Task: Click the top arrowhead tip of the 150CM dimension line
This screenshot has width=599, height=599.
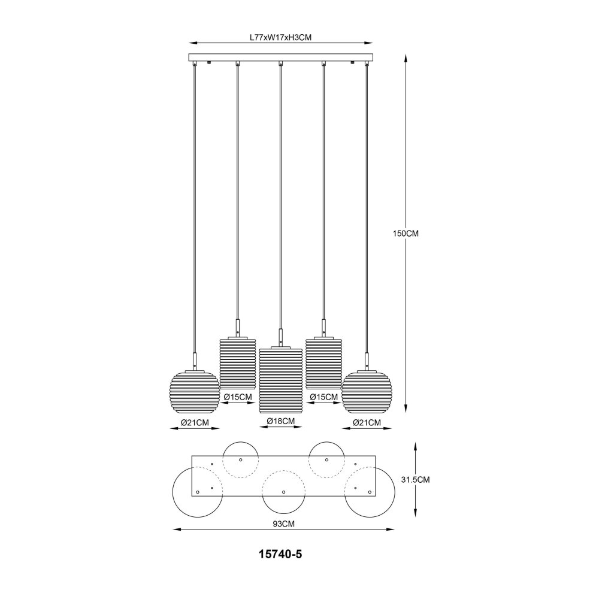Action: click(x=406, y=54)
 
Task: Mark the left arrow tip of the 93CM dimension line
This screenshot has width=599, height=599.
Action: click(x=173, y=529)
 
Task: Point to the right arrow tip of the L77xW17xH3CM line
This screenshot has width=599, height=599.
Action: click(x=373, y=43)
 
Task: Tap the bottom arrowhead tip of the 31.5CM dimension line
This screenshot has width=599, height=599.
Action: click(x=416, y=517)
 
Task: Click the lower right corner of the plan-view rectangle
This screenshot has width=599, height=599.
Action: click(x=376, y=495)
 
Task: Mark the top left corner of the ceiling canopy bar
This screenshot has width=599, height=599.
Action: click(x=189, y=54)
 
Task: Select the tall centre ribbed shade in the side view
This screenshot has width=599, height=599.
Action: click(x=280, y=380)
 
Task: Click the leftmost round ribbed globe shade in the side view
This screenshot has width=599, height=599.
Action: click(x=195, y=392)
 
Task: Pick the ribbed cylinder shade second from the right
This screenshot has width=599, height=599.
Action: click(x=323, y=362)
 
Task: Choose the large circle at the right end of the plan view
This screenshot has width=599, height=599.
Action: click(x=370, y=492)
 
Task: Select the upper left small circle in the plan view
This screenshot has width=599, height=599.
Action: click(x=241, y=460)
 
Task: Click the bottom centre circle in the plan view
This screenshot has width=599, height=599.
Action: click(x=283, y=492)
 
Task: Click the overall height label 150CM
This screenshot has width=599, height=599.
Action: click(x=406, y=234)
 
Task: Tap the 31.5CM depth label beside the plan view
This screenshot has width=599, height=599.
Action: click(x=416, y=479)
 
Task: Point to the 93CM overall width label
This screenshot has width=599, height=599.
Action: click(x=283, y=524)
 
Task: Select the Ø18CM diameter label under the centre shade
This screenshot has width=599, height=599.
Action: click(x=281, y=421)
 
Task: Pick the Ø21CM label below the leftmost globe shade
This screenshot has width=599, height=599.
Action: click(x=195, y=422)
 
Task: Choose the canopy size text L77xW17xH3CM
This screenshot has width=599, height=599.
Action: click(x=281, y=37)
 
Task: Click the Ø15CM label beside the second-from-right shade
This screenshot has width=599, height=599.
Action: click(x=324, y=397)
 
